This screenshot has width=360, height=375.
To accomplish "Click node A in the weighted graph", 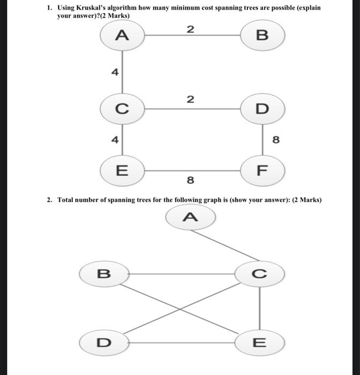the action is click(x=123, y=35).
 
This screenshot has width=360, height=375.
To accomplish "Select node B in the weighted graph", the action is click(x=262, y=35).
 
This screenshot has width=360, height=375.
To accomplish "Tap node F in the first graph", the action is click(x=262, y=171).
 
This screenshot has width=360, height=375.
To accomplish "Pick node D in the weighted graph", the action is click(x=262, y=109).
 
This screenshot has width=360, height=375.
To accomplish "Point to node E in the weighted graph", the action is click(x=123, y=171).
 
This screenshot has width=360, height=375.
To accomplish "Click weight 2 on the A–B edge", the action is click(x=190, y=29).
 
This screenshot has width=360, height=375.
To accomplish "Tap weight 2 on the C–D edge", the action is click(x=190, y=100).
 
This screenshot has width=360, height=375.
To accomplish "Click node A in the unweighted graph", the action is click(x=190, y=217).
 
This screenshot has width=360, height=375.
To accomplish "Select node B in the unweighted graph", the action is click(x=103, y=274).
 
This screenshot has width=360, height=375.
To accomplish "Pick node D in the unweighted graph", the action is click(x=103, y=342).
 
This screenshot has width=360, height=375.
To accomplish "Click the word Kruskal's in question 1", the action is click(x=96, y=9).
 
